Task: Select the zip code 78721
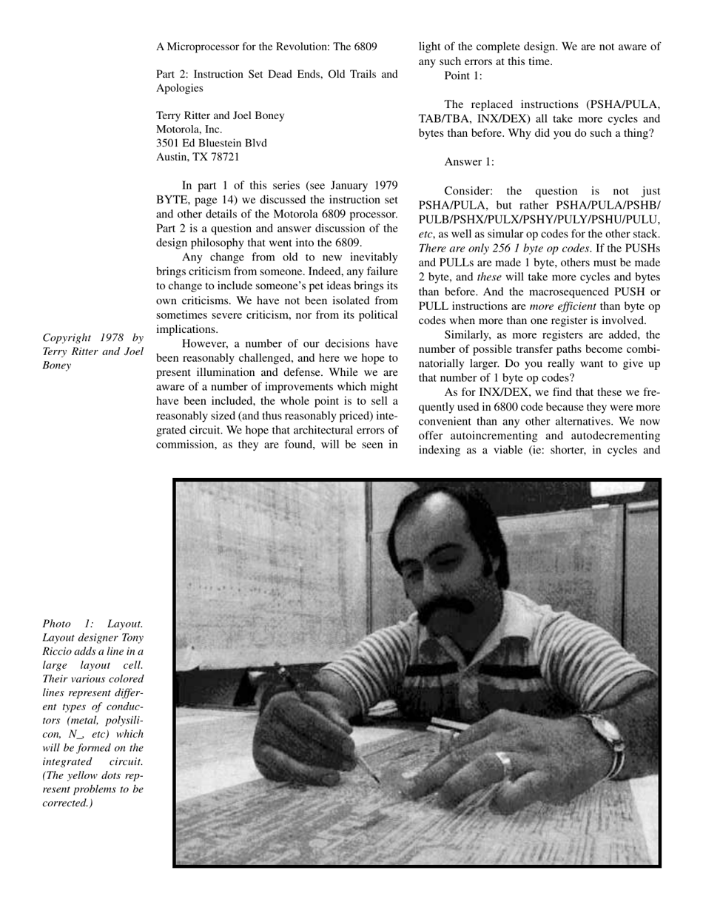pos(222,156)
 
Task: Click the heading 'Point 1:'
pos(463,75)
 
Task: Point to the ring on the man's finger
pos(503,758)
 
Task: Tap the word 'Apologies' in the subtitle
pos(180,88)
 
